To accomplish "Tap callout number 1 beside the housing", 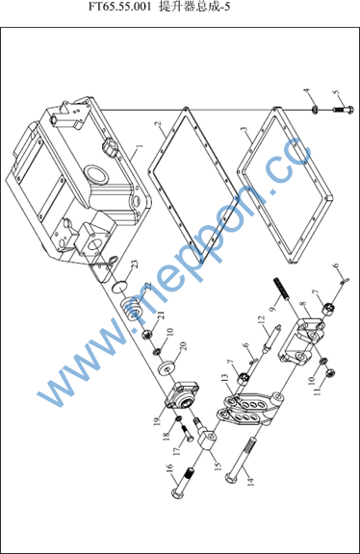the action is click(x=140, y=146).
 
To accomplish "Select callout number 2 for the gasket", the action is click(x=158, y=124).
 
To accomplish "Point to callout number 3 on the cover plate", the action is click(x=244, y=129).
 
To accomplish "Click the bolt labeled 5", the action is click(x=344, y=110).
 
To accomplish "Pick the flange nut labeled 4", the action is click(x=314, y=111).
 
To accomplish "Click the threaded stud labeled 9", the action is click(x=282, y=289).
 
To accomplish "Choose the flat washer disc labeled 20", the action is click(x=167, y=368).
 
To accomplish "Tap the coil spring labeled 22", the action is click(x=133, y=309).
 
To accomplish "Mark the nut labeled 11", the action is click(x=329, y=372).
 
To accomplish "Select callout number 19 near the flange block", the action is click(x=158, y=421).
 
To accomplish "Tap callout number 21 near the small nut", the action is click(x=162, y=315).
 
